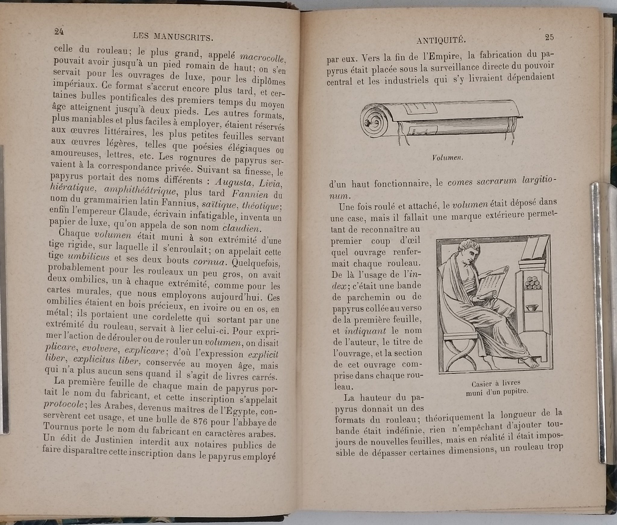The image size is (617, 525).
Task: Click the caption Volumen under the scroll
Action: coord(447,158)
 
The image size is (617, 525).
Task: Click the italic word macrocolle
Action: coord(262,58)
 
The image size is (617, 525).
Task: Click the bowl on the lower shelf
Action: coord(533,308)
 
